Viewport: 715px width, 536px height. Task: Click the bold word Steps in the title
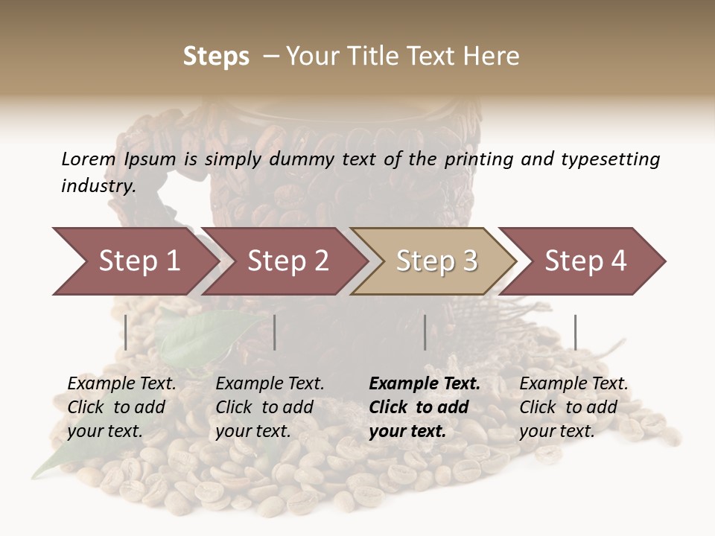coord(216,57)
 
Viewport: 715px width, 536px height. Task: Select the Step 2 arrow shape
coord(287,261)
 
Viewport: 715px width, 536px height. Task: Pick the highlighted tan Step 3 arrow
coord(436,261)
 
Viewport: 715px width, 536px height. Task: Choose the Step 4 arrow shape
coord(585,261)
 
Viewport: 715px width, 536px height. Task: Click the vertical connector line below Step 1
coord(126,332)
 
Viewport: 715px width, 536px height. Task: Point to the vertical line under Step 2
coord(275,332)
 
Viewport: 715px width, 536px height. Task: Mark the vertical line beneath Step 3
coord(425,332)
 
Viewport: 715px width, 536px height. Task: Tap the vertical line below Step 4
coord(575,332)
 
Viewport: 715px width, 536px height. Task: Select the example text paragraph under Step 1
coord(121,407)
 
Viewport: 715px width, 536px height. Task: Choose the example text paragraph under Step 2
coord(270,407)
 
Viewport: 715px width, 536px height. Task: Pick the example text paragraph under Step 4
coord(573,407)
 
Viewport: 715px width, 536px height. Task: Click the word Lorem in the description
coord(88,159)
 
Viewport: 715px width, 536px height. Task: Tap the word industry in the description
coord(98,186)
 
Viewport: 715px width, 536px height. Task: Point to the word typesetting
coord(610,160)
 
